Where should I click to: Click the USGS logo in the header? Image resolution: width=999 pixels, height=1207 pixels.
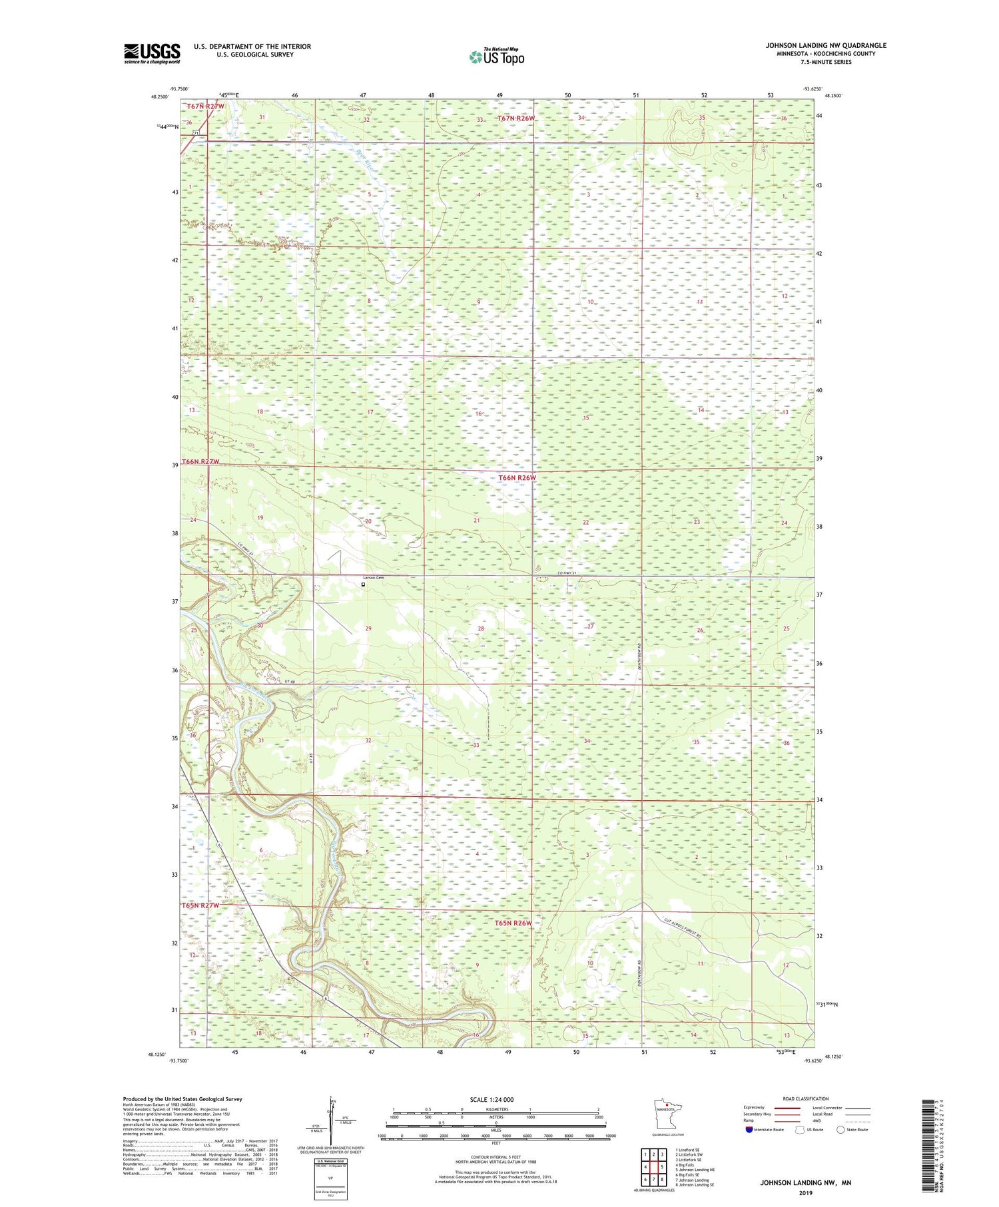[152, 53]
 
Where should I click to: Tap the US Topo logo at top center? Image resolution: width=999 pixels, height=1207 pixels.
[496, 57]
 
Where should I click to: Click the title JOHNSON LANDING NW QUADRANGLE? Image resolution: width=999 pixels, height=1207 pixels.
[825, 45]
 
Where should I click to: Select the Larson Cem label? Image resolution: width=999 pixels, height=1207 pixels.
[373, 577]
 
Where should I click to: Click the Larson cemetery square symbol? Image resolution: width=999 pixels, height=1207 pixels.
[363, 585]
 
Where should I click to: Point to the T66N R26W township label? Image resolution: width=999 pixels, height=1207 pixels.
[517, 477]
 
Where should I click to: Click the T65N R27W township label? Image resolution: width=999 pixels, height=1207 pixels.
[200, 905]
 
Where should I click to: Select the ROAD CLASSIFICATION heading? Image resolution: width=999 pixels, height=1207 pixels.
[806, 1098]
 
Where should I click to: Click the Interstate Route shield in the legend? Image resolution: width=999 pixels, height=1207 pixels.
[749, 1130]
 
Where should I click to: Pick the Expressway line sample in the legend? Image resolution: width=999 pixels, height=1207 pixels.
[786, 1108]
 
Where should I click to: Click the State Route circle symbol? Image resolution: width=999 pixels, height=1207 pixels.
[840, 1130]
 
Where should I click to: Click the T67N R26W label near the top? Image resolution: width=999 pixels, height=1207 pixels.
[516, 118]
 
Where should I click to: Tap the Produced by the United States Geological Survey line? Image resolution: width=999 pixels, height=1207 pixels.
[182, 1099]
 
